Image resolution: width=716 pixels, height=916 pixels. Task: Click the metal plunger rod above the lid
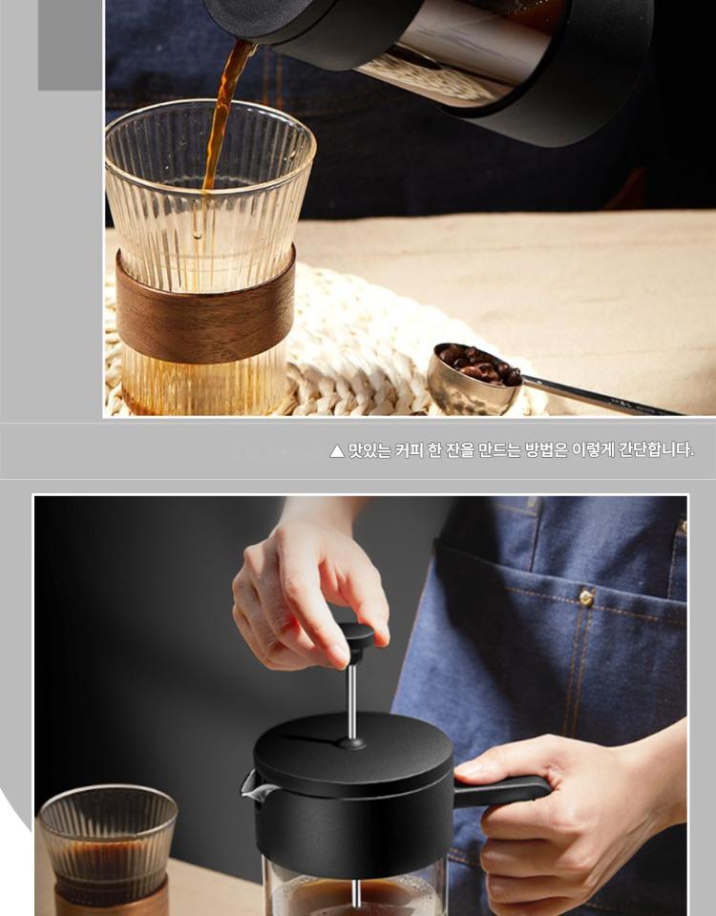point(352,701)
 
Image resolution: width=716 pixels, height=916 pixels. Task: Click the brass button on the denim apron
point(585,597)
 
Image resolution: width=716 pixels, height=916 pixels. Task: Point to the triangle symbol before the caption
point(337,451)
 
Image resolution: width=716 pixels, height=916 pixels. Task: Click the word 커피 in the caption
point(410,450)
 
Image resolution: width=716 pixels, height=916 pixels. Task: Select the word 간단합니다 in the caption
point(656,450)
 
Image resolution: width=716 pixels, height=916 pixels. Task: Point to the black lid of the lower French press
point(353,760)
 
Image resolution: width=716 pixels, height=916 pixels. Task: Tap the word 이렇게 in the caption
point(593,450)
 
